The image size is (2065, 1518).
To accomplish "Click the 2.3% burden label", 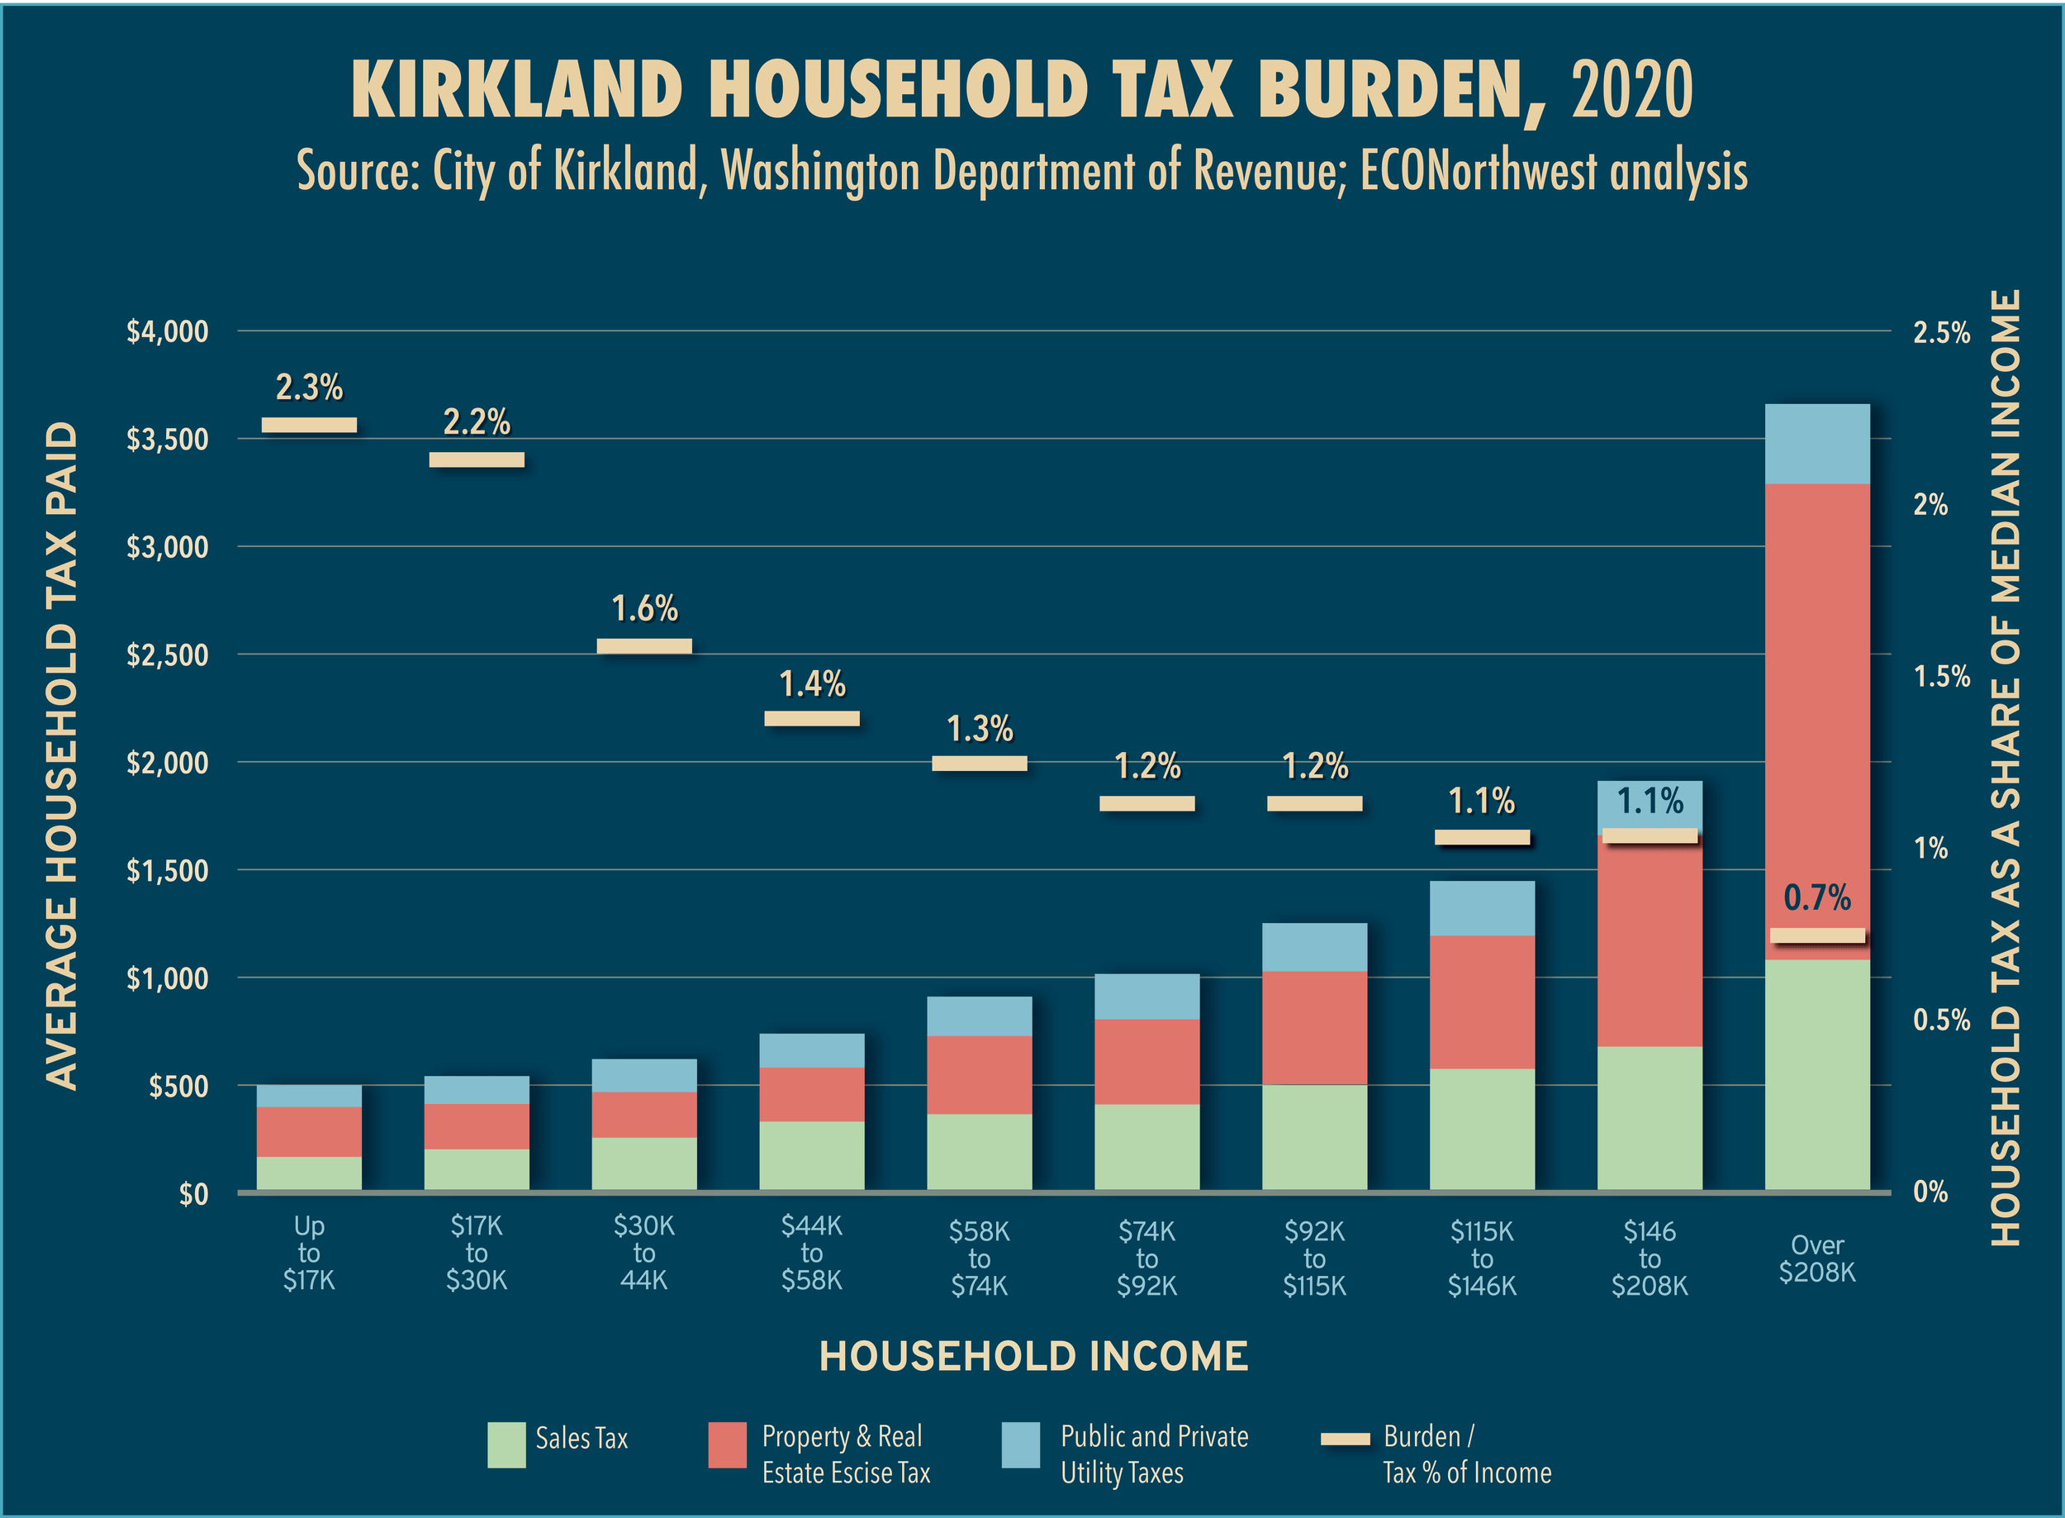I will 309,388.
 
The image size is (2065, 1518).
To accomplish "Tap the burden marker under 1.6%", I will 644,646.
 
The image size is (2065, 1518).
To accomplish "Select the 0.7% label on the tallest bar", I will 1816,897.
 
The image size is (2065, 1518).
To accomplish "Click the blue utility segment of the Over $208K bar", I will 1816,444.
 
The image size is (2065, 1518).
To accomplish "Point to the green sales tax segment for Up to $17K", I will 309,1173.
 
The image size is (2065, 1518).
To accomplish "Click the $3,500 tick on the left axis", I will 167,440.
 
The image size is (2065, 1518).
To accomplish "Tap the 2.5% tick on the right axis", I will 1941,333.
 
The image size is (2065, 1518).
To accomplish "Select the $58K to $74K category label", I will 979,1258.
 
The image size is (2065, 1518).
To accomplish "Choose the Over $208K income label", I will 1816,1258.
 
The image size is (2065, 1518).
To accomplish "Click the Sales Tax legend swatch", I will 506,1444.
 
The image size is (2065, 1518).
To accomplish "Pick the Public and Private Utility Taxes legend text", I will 1154,1454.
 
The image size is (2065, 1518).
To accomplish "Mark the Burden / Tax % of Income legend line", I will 1345,1439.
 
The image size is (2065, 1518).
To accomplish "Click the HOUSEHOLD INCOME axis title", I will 1033,1356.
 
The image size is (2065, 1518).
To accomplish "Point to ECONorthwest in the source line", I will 1478,171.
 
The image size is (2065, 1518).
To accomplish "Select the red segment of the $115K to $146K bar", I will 1482,1002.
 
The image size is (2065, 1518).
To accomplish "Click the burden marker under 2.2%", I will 477,459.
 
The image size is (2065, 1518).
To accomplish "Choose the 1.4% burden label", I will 812,684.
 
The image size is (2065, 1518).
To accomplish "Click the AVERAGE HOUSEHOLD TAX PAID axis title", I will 62,755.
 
